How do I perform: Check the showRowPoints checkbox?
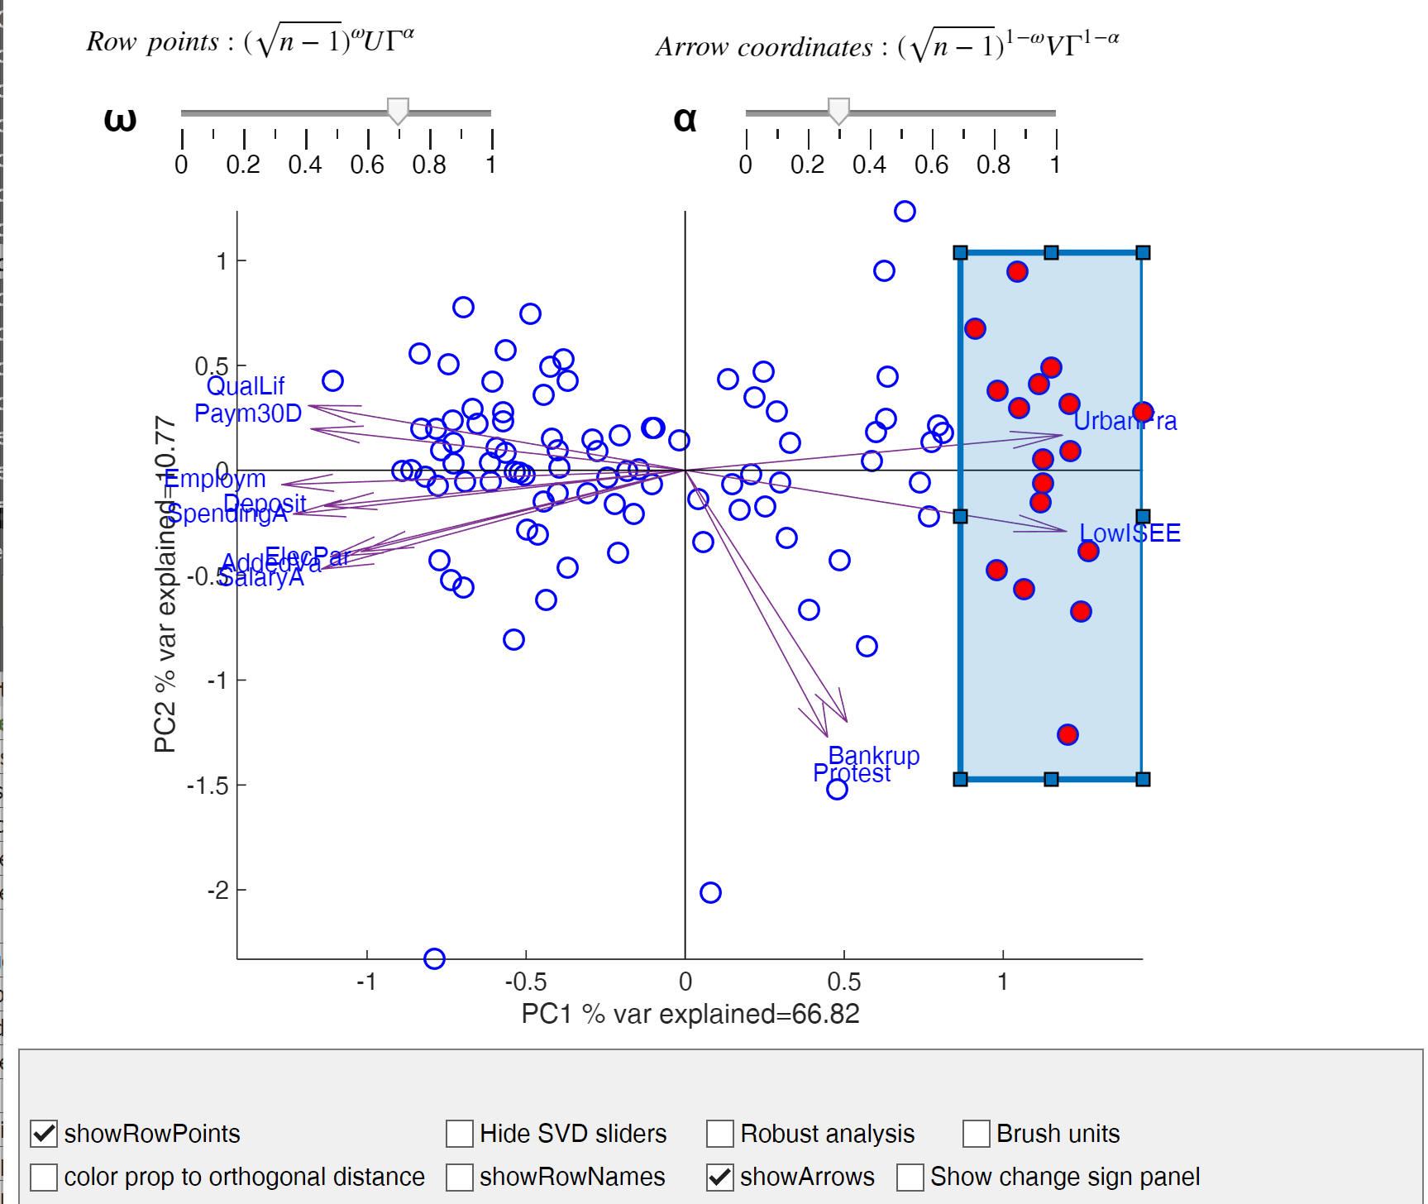pos(44,1133)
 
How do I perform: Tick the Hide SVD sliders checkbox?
pos(459,1133)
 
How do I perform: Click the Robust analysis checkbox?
pos(719,1133)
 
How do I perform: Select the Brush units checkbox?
pos(976,1133)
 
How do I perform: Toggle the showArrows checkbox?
pos(719,1177)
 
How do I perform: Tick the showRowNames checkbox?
pos(459,1177)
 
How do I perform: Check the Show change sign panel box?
pos(910,1177)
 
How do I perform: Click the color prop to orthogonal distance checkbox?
pos(44,1177)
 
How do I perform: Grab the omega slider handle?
pos(398,110)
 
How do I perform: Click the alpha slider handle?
pos(838,110)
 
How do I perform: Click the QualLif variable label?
pos(245,386)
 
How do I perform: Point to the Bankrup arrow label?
pos(874,755)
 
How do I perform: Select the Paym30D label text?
pos(247,413)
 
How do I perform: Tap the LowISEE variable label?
pos(1130,533)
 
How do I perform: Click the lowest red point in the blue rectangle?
pos(1067,734)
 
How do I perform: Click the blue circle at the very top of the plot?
pos(905,211)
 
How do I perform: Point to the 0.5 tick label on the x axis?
pos(843,982)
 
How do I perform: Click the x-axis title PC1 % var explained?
pos(690,1014)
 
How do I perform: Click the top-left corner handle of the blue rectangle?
pos(960,252)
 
